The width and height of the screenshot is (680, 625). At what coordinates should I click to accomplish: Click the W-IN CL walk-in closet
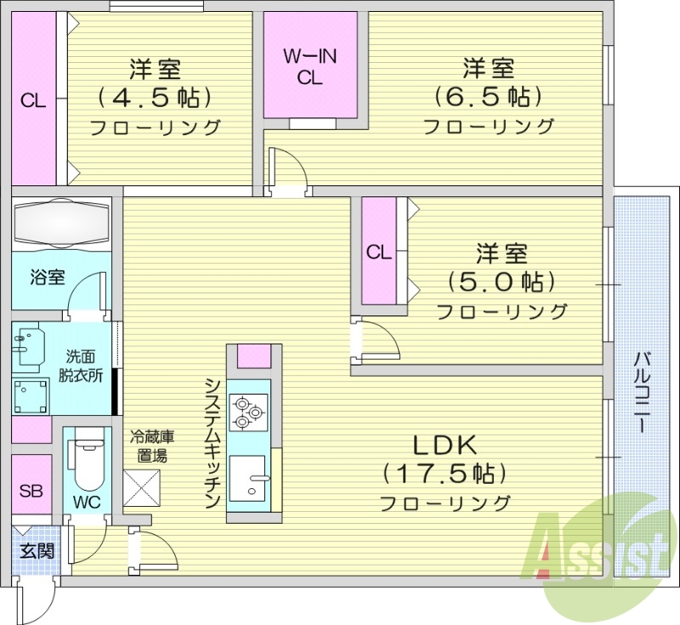[309, 66]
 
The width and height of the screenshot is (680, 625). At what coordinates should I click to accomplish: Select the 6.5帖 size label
[487, 97]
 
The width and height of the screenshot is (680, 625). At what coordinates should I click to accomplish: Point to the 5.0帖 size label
[501, 281]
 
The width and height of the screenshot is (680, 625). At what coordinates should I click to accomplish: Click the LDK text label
[445, 444]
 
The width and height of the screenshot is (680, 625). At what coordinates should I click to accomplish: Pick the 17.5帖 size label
[445, 473]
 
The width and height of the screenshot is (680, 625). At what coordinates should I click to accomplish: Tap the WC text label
[87, 502]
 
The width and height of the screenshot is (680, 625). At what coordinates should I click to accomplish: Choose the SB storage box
[31, 491]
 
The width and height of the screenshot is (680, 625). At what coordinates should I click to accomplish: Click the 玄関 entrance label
[36, 550]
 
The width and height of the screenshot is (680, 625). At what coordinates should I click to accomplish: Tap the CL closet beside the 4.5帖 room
[33, 99]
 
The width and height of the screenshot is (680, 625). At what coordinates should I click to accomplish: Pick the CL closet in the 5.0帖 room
[379, 252]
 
